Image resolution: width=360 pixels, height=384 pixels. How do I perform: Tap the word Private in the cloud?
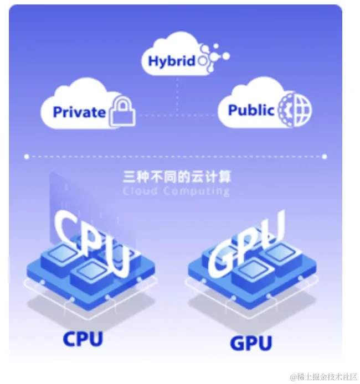79,112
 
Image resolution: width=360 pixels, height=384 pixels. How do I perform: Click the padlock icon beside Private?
122,111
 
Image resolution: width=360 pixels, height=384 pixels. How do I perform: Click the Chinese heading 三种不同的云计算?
177,177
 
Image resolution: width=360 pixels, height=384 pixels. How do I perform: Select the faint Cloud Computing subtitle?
176,191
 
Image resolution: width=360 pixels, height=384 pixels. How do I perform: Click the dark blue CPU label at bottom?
83,338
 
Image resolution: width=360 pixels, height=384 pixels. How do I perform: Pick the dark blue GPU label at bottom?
251,343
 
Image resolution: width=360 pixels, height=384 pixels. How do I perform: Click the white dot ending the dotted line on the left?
26,157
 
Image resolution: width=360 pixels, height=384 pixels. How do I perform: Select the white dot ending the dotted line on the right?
325,157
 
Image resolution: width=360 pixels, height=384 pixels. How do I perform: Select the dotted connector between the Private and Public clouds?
177,115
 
